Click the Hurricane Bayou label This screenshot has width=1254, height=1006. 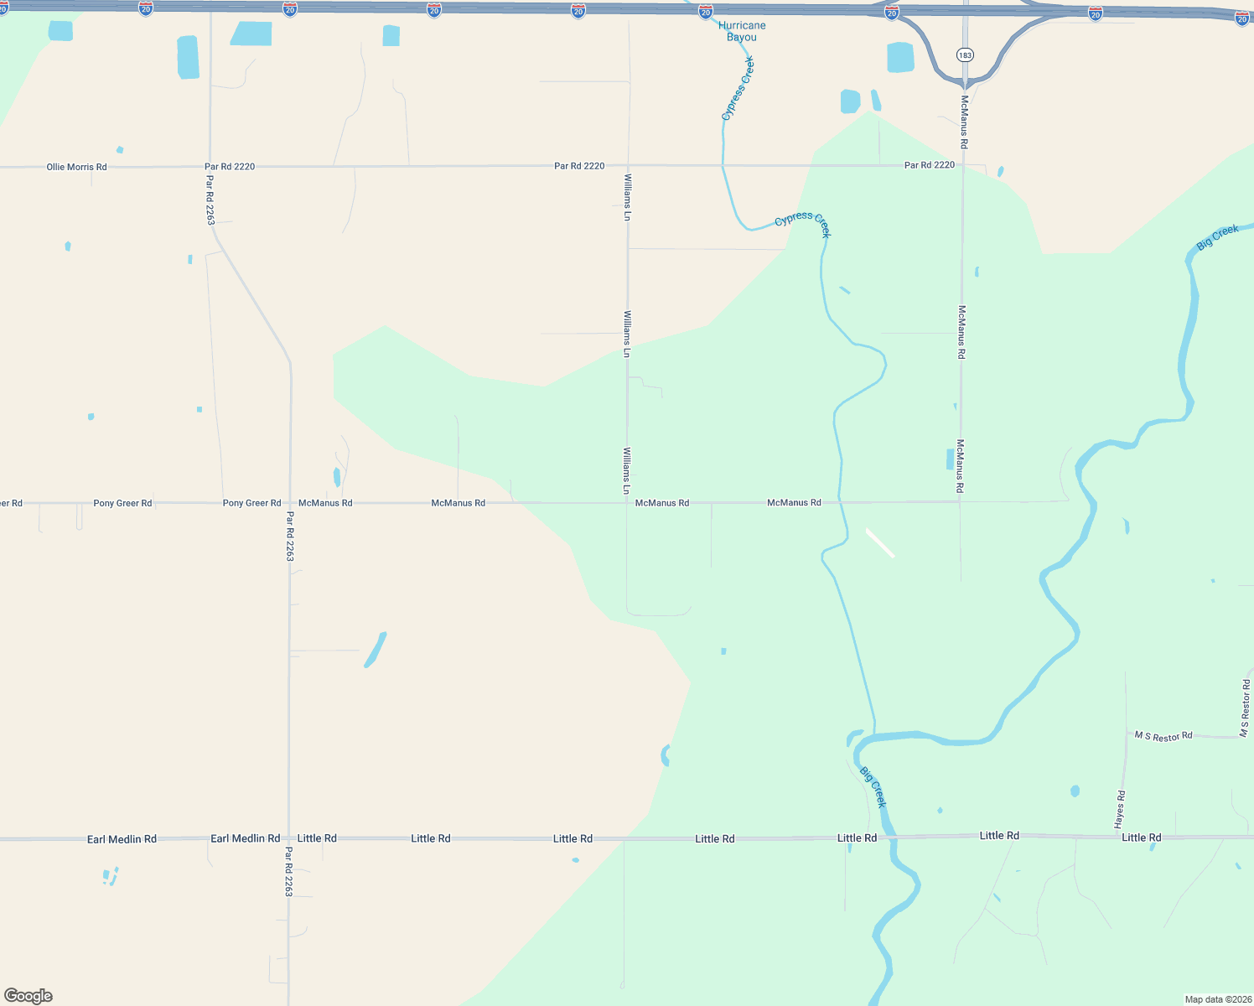click(x=742, y=31)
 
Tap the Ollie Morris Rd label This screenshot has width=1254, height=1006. click(x=76, y=167)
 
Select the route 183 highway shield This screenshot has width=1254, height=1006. click(x=965, y=54)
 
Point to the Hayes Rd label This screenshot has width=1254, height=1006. click(x=1120, y=810)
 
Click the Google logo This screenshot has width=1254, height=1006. click(x=28, y=996)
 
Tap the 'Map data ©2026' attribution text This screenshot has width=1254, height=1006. click(x=1217, y=999)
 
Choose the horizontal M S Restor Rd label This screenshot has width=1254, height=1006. click(x=1163, y=736)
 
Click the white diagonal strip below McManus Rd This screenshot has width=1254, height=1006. click(x=880, y=543)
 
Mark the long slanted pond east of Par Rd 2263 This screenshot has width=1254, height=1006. click(x=376, y=650)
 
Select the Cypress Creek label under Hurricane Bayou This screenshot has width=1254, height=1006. click(x=738, y=88)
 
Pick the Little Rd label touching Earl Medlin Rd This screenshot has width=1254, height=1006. click(x=317, y=838)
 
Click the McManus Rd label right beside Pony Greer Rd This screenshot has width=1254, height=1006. click(x=325, y=503)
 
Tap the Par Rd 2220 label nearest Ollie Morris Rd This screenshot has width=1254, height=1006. click(x=230, y=167)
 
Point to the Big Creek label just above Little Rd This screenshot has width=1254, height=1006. click(x=873, y=787)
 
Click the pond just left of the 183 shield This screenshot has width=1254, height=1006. click(x=900, y=57)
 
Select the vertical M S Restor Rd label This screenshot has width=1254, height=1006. click(x=1245, y=708)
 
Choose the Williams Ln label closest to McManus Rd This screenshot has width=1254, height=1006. click(x=626, y=470)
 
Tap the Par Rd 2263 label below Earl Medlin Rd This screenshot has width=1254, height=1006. click(x=288, y=872)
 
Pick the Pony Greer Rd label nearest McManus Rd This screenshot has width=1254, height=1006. click(x=251, y=503)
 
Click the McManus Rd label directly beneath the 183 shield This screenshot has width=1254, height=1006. click(x=964, y=122)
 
